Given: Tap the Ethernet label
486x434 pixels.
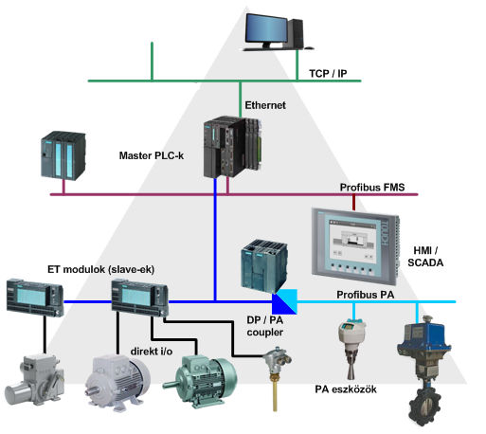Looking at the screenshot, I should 265,105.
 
